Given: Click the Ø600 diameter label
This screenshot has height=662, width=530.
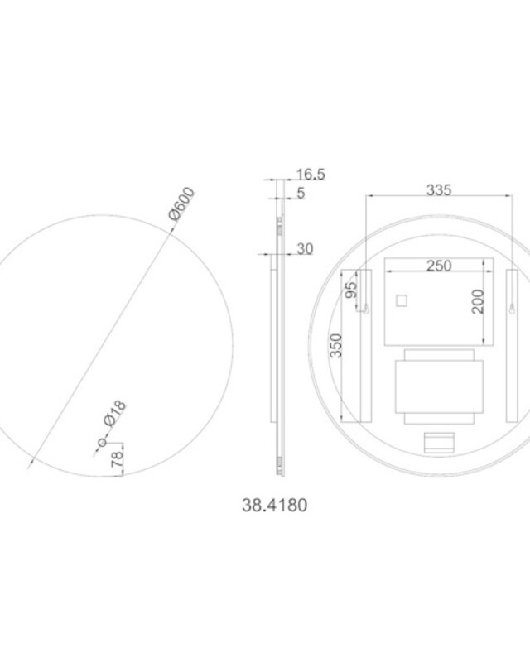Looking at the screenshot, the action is [x=182, y=204].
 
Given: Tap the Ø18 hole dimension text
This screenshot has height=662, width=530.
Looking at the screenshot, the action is [x=114, y=413].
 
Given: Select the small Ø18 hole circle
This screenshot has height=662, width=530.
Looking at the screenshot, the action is [x=103, y=443].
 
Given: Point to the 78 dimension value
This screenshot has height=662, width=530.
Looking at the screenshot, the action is [x=117, y=459].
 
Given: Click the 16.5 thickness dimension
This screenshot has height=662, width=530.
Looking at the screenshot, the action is [x=311, y=175].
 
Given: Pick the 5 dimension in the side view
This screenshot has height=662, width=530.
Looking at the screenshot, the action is [x=301, y=194].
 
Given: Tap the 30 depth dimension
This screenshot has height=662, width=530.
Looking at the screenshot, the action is [x=305, y=249].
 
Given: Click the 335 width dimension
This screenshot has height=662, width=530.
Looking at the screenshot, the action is [x=439, y=190].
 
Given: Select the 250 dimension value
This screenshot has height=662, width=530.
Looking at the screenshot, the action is [x=439, y=266].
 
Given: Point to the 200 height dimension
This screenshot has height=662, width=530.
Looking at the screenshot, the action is [x=478, y=301].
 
